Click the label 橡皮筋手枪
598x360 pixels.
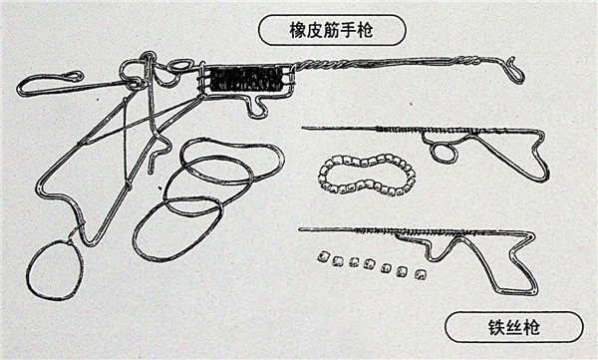tap(331, 31)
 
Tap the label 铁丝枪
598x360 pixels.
tap(514, 327)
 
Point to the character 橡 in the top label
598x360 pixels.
tap(298, 31)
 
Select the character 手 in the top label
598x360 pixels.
tap(349, 31)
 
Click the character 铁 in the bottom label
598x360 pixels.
tap(497, 327)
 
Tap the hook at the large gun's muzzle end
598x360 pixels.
tap(512, 70)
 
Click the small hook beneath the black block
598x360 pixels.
tap(258, 107)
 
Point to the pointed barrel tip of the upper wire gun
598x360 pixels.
tap(303, 128)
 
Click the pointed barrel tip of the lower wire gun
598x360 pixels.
tap(301, 229)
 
